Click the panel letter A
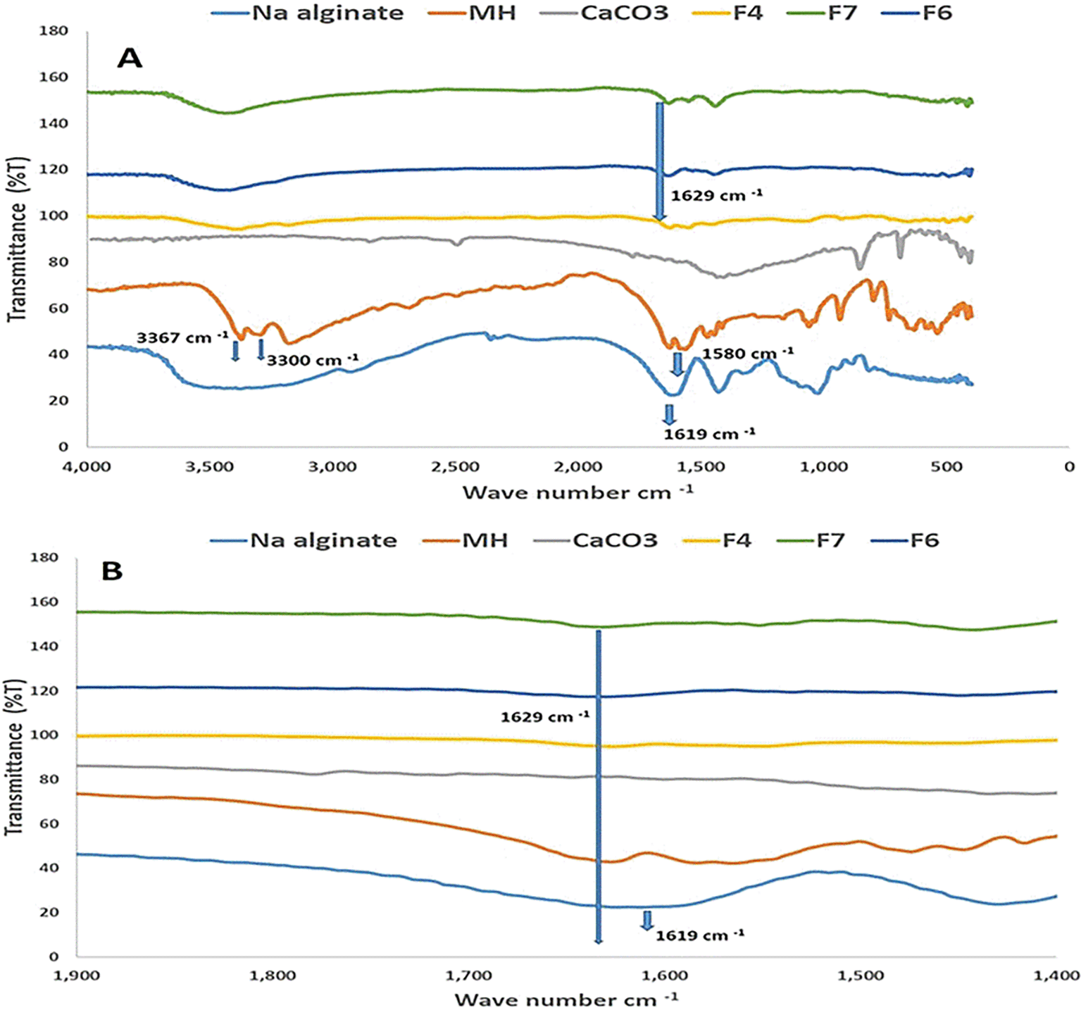130,58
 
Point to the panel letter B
112,571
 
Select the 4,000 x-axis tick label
87,466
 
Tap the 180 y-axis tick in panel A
54,31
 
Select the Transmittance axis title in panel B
15,757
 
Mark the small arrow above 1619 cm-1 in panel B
646,920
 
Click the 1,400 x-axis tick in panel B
1056,975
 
